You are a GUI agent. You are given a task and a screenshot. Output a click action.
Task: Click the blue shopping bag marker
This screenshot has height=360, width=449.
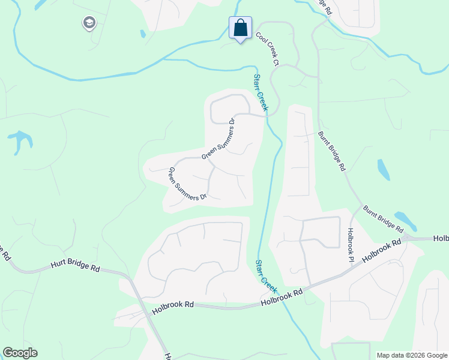tap(240, 28)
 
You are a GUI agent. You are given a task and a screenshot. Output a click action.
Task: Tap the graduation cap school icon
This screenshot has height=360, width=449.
tap(89, 23)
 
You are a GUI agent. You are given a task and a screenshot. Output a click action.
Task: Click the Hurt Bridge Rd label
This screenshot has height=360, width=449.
tap(75, 265)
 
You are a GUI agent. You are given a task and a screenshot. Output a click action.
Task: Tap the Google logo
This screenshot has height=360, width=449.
tap(20, 353)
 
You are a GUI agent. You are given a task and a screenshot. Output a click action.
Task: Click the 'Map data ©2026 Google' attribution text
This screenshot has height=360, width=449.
tap(412, 355)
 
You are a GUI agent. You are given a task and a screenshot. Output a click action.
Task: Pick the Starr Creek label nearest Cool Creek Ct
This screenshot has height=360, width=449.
tap(260, 92)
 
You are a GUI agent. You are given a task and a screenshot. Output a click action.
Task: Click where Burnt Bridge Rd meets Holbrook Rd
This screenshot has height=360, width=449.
tap(407, 238)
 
